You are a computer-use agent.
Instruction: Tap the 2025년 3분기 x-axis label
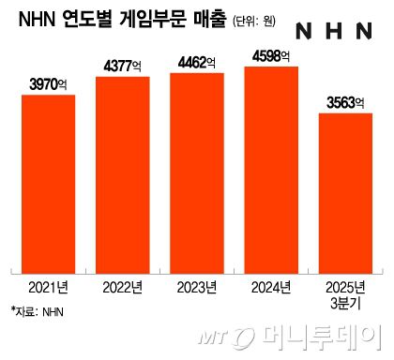346,292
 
